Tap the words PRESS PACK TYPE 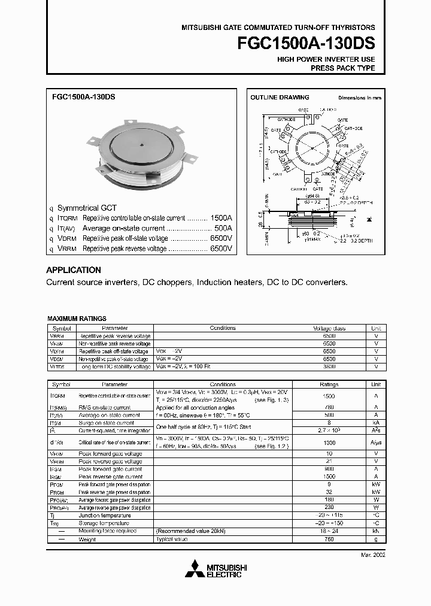tap(342, 68)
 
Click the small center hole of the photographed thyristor tap(141, 144)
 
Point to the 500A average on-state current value tap(223, 228)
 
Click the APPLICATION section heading tap(74, 270)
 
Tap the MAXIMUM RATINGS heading tap(77, 319)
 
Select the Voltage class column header tap(329, 328)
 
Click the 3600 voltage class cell tap(329, 366)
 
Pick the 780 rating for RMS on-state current tap(329, 407)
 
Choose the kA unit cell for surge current tap(376, 423)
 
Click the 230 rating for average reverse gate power tap(329, 508)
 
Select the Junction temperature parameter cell tap(105, 516)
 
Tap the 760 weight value tap(329, 539)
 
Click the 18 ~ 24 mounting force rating tap(329, 531)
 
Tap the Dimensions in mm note tap(359, 97)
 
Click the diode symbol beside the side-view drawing tap(366, 220)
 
